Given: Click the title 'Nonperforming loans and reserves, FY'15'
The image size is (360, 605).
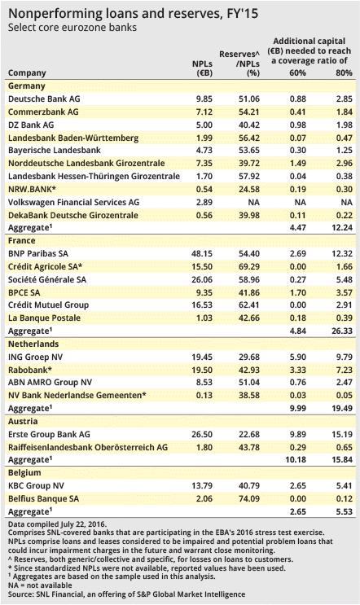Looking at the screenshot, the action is pos(133,14).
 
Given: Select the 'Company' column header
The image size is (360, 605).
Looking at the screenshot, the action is pos(27,73).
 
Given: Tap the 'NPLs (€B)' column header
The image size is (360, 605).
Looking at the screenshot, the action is pos(203,68).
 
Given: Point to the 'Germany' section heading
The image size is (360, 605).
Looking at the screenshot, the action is pos(27,85).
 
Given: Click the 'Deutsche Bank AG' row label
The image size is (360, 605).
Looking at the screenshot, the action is pos(44,99).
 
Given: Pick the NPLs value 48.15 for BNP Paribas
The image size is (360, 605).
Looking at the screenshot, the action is pos(202,253).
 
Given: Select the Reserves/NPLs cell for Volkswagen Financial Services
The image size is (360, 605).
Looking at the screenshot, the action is pos(253,202).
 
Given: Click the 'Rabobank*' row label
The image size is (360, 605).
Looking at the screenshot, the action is pos(30,370).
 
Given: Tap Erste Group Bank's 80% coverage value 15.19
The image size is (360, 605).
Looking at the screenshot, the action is pos(342,434).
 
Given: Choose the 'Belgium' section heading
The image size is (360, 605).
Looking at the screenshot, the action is pos(24,472).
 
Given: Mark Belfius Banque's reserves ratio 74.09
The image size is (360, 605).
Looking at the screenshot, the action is pos(249,498).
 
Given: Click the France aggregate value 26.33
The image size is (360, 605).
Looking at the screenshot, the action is pos(342,331).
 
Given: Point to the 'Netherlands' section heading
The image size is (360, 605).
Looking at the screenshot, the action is pos(33,344).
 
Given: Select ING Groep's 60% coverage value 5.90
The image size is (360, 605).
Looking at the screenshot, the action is pos(298,357).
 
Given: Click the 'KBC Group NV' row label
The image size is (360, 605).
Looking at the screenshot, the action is pos(37,486).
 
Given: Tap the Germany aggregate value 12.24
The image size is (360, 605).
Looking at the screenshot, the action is pos(342,228).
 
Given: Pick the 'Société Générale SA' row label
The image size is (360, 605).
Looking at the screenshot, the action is pos(47,279).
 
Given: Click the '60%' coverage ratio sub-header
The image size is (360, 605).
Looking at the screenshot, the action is pos(297,72).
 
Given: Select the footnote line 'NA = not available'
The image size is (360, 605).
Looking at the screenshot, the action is pos(40,585).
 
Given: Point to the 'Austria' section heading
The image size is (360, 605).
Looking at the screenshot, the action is pos(23,421).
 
